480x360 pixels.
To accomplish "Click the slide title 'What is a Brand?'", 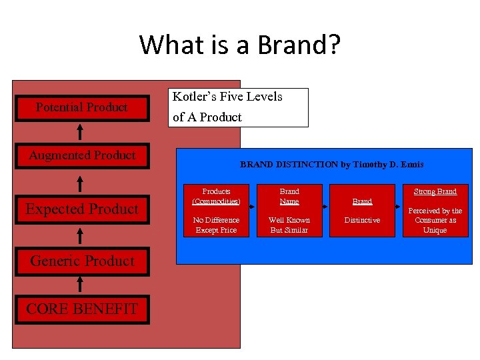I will pos(239,45).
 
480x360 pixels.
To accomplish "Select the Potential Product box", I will pos(81,107).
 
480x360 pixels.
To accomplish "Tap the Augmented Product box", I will pos(81,155).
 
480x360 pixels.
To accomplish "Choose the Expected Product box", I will pos(81,209).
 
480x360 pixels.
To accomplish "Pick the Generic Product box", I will pos(81,261).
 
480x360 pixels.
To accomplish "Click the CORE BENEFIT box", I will pos(81,309).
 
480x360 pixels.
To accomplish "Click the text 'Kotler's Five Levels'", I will pos(227,97).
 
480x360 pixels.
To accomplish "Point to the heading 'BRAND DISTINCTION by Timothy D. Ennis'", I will pos(331,165).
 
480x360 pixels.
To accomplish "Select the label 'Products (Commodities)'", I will pos(216,196).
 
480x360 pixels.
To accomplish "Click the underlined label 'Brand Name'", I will pos(289,196).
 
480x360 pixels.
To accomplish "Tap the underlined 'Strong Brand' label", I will pos(435,191).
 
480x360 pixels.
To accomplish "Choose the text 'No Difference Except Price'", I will pos(216,225).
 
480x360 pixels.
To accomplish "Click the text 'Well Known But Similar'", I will pos(289,225).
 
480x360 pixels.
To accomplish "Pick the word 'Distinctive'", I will pos(362,220).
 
